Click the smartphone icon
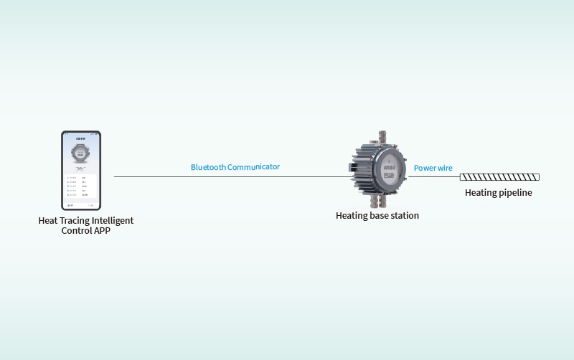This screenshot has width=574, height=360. click(x=81, y=171)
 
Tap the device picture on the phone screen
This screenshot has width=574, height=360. click(x=81, y=153)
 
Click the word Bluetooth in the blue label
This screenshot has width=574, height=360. click(x=208, y=167)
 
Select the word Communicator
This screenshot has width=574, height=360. click(x=253, y=167)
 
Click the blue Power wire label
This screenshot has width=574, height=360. click(x=433, y=168)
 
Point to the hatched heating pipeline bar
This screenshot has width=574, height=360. click(x=499, y=177)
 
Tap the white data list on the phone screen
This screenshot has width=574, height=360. click(x=81, y=185)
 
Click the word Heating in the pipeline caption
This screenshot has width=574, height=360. click(x=481, y=192)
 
